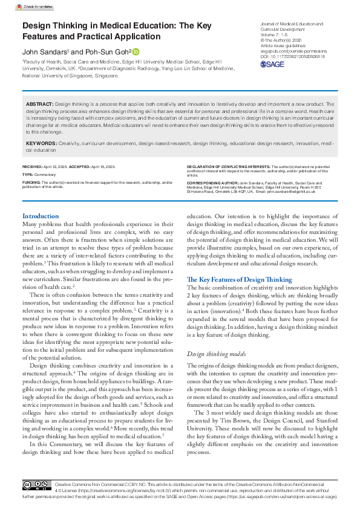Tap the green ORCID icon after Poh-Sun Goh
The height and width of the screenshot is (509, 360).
tap(136, 51)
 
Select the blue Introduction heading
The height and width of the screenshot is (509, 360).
tap(41, 216)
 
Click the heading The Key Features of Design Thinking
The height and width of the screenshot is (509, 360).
tap(239, 280)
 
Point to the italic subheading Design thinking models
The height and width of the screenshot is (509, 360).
tap(215, 354)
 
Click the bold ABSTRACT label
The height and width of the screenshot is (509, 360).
tap(40, 104)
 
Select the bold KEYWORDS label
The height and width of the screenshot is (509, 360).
tap(42, 143)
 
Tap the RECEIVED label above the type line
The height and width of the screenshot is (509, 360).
tap(32, 166)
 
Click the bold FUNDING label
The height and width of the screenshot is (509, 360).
tap(31, 182)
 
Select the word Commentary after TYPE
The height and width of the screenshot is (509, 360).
tap(44, 174)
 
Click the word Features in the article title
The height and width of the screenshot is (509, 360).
tap(47, 36)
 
